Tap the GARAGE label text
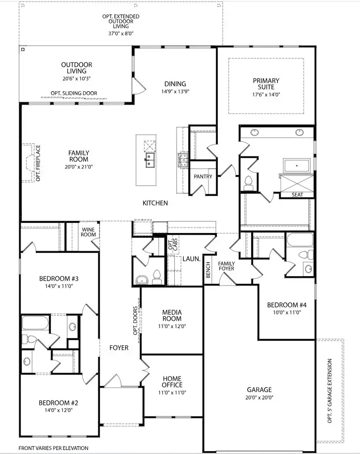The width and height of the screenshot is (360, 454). point(259,390)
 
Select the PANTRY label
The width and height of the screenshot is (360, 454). point(203,176)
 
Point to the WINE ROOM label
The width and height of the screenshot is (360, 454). point(88,231)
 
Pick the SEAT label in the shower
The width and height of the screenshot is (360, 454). point(297,195)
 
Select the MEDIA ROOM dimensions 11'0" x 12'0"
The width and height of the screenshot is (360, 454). point(172,326)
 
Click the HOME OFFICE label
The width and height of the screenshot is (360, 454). point(172,382)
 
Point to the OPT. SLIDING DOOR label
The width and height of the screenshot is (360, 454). point(74,93)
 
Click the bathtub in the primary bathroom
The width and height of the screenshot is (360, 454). point(296,165)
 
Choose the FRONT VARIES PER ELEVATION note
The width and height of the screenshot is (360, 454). point(53,448)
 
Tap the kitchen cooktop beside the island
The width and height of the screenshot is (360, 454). point(182,159)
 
